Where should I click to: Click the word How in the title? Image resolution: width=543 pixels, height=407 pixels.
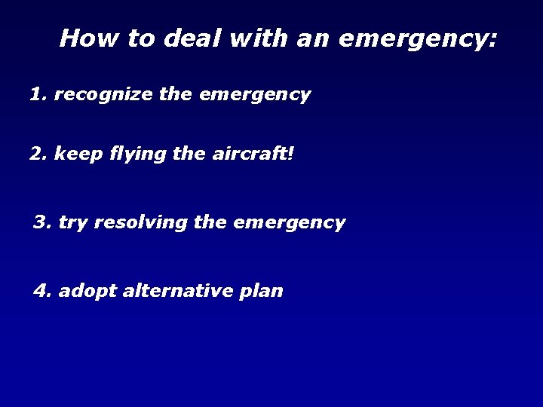pyautogui.click(x=81, y=38)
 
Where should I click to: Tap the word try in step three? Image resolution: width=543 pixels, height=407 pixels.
pyautogui.click(x=72, y=223)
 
